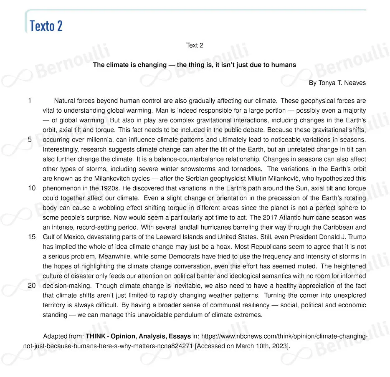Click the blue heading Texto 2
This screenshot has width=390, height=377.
(46, 26)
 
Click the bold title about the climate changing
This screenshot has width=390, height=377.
(194, 65)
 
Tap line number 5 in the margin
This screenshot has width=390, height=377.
(30, 139)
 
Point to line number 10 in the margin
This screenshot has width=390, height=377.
(32, 188)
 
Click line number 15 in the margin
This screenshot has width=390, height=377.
(32, 237)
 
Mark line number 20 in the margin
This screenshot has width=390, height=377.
(32, 286)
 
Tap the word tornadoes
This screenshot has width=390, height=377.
(247, 169)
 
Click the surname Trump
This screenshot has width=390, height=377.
(357, 237)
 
